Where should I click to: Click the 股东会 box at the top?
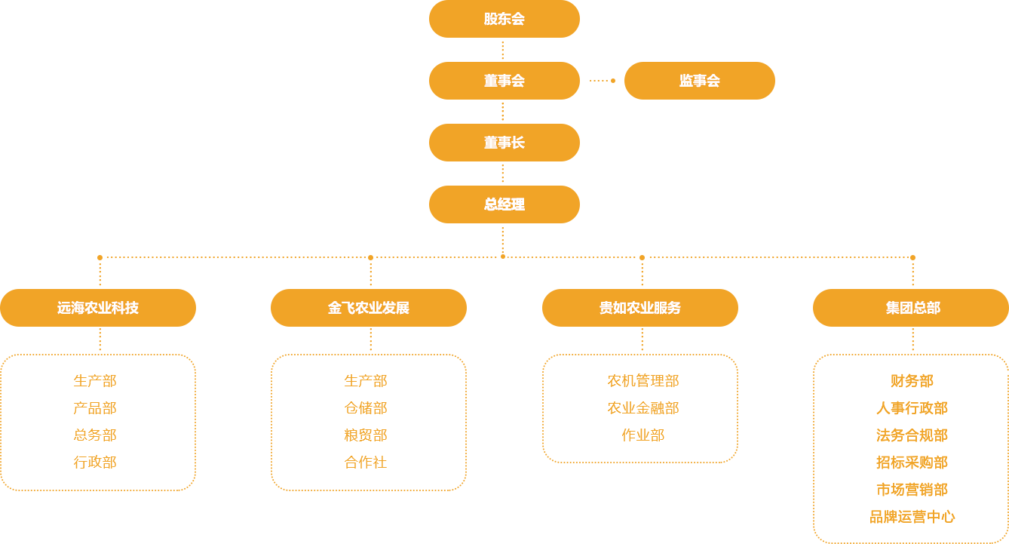click(x=504, y=19)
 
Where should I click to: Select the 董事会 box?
click(x=504, y=80)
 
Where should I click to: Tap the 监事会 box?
click(x=699, y=80)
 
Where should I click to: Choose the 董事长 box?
click(x=504, y=142)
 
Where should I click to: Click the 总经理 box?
click(x=504, y=204)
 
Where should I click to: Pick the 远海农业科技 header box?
click(x=98, y=308)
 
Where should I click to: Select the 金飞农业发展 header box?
click(x=369, y=308)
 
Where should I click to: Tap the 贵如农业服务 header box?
click(x=639, y=308)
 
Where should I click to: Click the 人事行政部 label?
click(x=910, y=408)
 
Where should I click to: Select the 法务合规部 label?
click(x=910, y=435)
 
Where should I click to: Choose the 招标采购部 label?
click(x=910, y=463)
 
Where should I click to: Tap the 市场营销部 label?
click(x=910, y=490)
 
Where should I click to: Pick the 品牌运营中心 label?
click(x=908, y=517)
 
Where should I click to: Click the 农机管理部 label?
click(x=643, y=381)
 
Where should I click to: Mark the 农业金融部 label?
click(x=643, y=408)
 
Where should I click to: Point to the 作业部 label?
click(x=643, y=435)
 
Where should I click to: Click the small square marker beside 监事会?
click(x=612, y=80)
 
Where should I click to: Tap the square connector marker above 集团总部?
click(x=912, y=257)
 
